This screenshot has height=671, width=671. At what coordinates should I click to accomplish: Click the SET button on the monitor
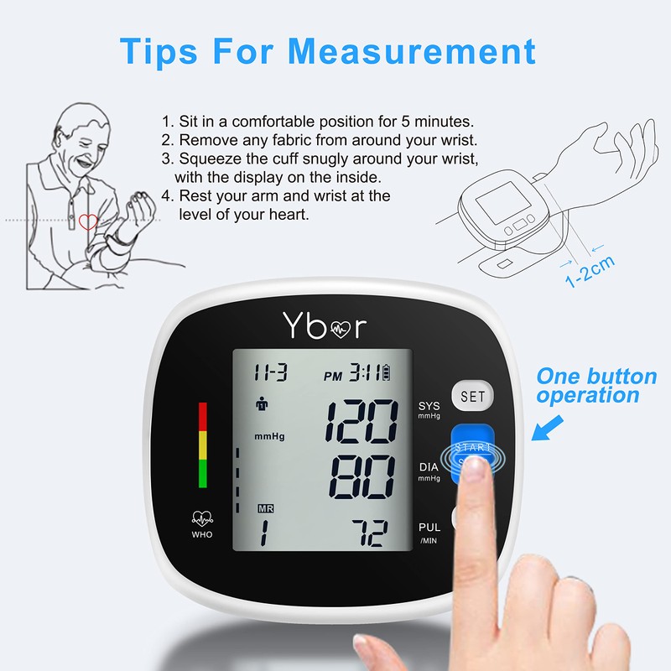click(x=472, y=396)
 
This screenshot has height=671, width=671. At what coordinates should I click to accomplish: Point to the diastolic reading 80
click(x=362, y=479)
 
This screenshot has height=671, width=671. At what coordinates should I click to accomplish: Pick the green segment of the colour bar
click(x=202, y=474)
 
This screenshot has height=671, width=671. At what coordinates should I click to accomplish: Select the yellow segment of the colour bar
click(x=202, y=445)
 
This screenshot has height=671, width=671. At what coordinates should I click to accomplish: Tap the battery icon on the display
click(x=387, y=372)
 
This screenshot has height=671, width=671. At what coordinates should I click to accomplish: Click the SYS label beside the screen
click(x=429, y=406)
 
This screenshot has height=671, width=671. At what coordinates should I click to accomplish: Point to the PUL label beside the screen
click(x=429, y=528)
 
